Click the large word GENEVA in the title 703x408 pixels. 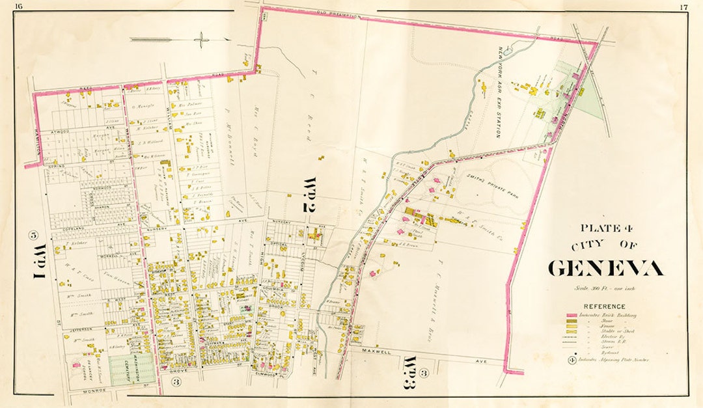click(x=605, y=268)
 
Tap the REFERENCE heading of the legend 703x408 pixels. click(x=605, y=306)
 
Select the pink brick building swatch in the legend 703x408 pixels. click(x=572, y=315)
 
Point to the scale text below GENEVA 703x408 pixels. click(x=604, y=288)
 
